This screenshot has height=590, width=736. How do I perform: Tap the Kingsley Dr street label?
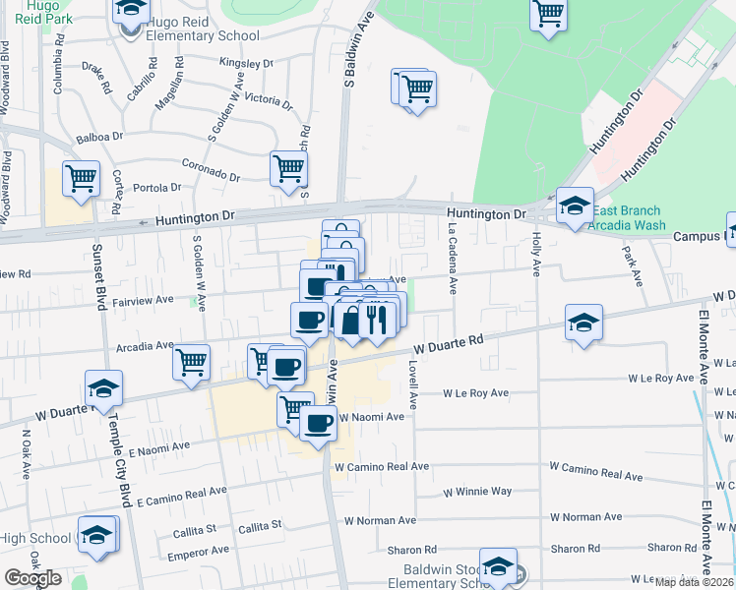point(246,63)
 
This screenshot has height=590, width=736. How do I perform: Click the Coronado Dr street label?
point(211,170)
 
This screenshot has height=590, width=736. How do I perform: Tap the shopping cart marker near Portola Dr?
point(81,178)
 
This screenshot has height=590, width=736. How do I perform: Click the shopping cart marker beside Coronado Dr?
point(289,168)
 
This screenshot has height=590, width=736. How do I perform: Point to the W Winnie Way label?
point(477,491)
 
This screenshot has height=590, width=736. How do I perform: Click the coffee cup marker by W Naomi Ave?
point(317,423)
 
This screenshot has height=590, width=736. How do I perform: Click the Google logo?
point(32,577)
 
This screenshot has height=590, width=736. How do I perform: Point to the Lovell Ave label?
point(413,383)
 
